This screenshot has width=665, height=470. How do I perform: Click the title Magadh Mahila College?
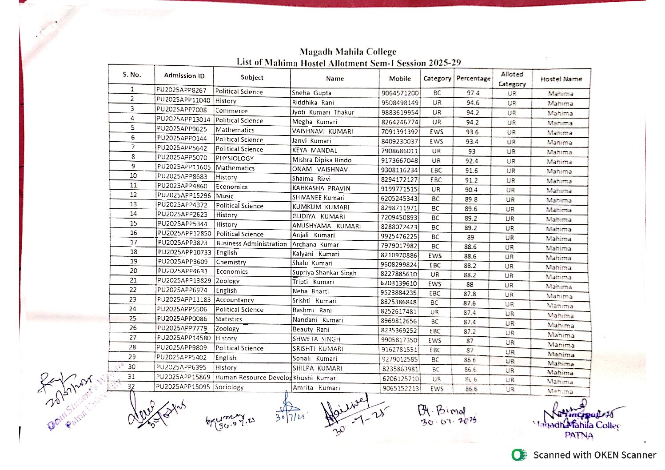pos(348,52)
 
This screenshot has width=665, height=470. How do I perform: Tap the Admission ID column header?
pos(184,76)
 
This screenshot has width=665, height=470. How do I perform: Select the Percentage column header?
pos(473,79)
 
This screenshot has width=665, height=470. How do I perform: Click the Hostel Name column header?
pos(561,79)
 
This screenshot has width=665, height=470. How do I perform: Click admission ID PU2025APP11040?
pos(183,100)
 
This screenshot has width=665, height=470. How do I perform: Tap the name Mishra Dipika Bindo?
pos(322,160)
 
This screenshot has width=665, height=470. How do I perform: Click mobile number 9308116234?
pos(399,170)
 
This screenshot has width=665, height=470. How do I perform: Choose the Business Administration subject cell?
pos(251,243)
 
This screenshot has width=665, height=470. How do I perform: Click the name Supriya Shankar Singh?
pos(324,273)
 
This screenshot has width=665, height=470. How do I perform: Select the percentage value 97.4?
pos(473,93)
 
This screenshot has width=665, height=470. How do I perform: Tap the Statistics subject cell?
pos(229,319)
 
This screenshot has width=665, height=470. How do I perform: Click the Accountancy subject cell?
pos(235,300)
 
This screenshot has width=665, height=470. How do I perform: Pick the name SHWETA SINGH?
pos(316,339)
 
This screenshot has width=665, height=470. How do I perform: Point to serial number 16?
pos(133,233)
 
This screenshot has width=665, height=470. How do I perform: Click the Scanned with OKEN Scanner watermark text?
pos(594,455)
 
